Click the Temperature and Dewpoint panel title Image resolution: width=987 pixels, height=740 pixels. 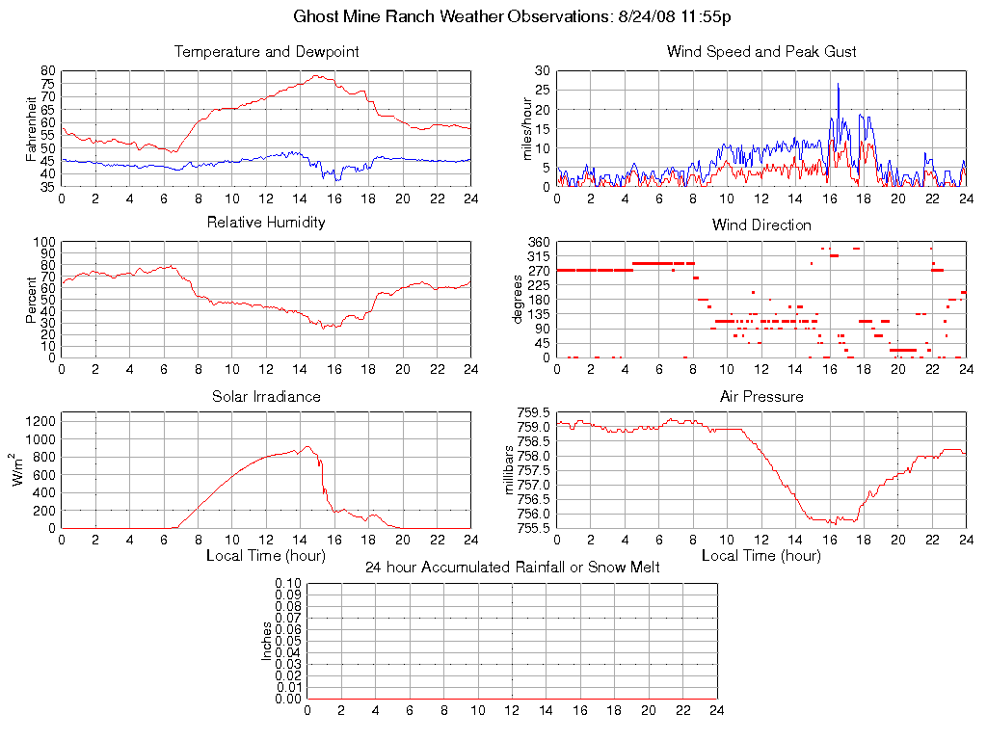point(266,52)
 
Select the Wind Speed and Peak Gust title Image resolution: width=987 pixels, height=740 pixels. point(761,52)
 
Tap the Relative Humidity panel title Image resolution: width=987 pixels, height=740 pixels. point(266,223)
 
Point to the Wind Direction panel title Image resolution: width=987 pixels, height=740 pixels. point(761,225)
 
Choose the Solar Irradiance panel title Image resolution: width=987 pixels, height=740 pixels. point(266,396)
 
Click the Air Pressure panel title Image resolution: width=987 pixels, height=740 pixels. point(761,396)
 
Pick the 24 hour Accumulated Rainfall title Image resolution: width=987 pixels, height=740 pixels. point(512,568)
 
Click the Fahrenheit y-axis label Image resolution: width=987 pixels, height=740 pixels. point(31,128)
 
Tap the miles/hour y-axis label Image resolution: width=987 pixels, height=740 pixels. point(527,128)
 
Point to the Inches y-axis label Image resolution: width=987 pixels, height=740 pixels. point(267,641)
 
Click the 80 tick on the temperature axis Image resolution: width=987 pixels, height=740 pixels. point(47,71)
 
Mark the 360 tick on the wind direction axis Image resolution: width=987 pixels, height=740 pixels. point(537,242)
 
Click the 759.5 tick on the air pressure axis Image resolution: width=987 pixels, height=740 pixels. point(533,413)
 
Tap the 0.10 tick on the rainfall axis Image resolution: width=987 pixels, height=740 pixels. point(288,584)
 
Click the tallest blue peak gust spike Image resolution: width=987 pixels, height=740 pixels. point(838,85)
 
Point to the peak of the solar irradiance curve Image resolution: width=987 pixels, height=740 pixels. point(307,446)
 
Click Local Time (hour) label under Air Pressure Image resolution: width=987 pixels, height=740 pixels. point(761,556)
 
